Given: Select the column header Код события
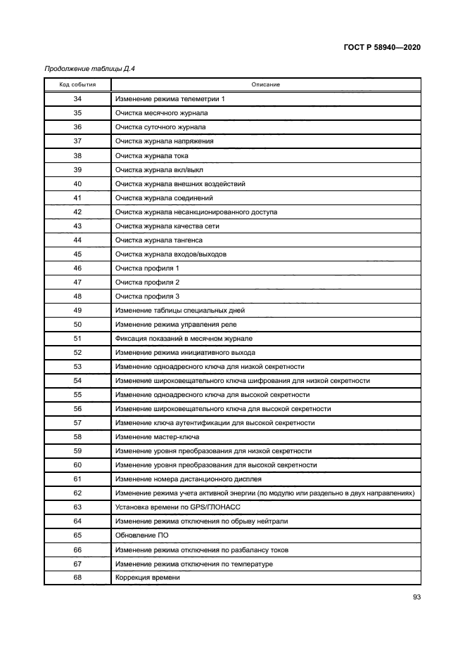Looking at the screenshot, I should click(x=77, y=84).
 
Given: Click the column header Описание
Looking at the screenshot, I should click(x=266, y=84).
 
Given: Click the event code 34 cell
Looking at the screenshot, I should click(x=77, y=99).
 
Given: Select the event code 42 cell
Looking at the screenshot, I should click(x=77, y=212).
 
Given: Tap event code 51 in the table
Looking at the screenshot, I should click(x=77, y=338).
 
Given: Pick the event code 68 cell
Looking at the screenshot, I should click(x=77, y=577).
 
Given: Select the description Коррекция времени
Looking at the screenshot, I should click(x=148, y=577).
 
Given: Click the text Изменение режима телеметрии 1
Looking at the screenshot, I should click(x=170, y=99).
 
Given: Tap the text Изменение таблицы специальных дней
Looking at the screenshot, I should click(x=179, y=310).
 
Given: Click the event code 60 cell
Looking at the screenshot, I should click(x=77, y=464).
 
